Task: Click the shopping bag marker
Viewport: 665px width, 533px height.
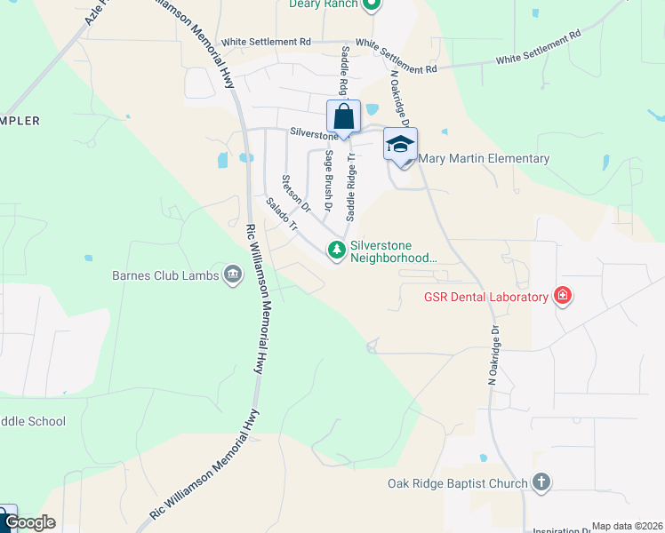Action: coord(343,117)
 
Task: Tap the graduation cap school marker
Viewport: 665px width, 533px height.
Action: coord(400,145)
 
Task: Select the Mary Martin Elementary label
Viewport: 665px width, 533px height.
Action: coord(484,159)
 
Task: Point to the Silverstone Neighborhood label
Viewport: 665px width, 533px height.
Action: coord(394,251)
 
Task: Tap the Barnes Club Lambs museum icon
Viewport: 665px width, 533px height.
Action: coord(233,274)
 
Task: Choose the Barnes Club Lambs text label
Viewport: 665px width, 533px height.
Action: coord(165,275)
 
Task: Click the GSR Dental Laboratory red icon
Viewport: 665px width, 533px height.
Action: coord(562,296)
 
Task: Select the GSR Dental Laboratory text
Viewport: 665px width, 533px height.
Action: coord(485,297)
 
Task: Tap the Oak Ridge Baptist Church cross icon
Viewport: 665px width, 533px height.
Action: coord(541,483)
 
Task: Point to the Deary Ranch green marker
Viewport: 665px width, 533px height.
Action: coord(374,4)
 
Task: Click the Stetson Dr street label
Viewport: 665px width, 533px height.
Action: coord(295,193)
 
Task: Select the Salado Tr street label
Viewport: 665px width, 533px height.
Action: coord(281,213)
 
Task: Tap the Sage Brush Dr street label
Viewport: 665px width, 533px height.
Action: coord(328,179)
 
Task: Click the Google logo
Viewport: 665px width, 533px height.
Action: coord(29,522)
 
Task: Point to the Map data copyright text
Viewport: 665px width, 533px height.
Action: coord(626,526)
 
